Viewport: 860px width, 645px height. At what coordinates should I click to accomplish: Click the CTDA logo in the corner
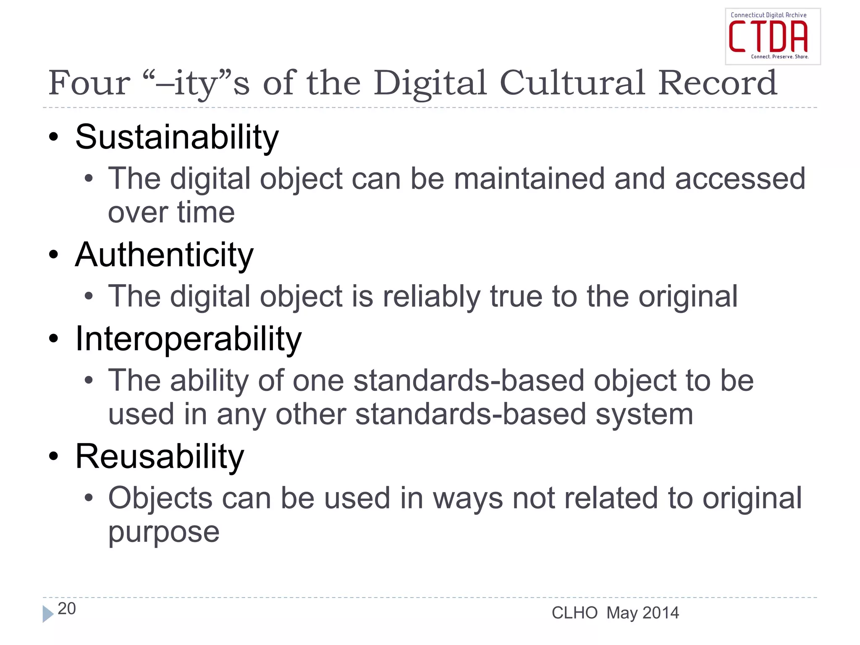coord(772,37)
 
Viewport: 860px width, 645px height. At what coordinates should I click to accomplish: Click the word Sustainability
coord(177,137)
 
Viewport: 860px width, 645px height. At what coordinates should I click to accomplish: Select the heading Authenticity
coord(164,255)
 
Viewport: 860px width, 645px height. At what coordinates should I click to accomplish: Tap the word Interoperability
coord(188,339)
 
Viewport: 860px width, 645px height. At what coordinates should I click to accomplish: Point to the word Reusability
coord(160,456)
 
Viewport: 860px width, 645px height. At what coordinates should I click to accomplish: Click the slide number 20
coord(67,608)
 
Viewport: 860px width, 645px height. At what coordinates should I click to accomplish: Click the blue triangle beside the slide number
coord(48,614)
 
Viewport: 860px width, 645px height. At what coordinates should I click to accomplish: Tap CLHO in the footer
coord(574,613)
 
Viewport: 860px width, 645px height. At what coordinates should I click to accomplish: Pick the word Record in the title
coord(718,83)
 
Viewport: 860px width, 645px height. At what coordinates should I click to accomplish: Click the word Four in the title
coord(89,83)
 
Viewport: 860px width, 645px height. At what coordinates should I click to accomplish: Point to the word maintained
coord(530,179)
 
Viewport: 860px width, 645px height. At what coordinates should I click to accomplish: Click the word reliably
coord(432,296)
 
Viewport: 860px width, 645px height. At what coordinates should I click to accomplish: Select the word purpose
coord(164,532)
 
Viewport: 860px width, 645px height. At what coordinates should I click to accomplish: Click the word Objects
coord(160,498)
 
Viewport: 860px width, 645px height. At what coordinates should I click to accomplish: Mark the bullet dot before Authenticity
coord(53,254)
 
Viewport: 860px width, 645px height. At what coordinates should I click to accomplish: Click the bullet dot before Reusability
coord(53,456)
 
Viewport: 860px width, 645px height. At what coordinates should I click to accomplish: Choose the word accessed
coord(740,179)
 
